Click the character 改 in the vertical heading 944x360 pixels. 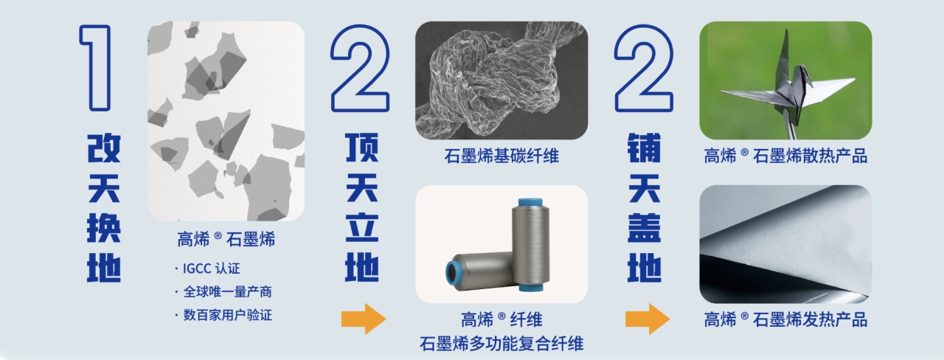click(x=104, y=148)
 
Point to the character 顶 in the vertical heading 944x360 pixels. click(x=362, y=148)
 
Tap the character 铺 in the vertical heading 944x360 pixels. click(x=644, y=148)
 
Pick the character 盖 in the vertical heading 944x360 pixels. click(x=644, y=228)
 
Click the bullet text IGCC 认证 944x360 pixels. click(x=211, y=269)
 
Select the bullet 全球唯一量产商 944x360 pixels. click(x=228, y=291)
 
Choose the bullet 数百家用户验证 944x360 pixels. click(x=228, y=315)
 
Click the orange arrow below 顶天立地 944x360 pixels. click(x=364, y=319)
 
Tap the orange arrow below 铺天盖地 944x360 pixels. click(x=648, y=319)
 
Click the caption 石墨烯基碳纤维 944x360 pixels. click(x=502, y=156)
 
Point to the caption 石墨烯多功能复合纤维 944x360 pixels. click(x=502, y=344)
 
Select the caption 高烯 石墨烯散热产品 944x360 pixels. click(x=785, y=156)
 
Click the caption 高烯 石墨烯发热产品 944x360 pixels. click(x=785, y=319)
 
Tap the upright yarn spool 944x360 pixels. click(x=530, y=244)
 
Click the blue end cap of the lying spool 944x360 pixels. click(x=454, y=275)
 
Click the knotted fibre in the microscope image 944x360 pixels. click(x=502, y=80)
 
